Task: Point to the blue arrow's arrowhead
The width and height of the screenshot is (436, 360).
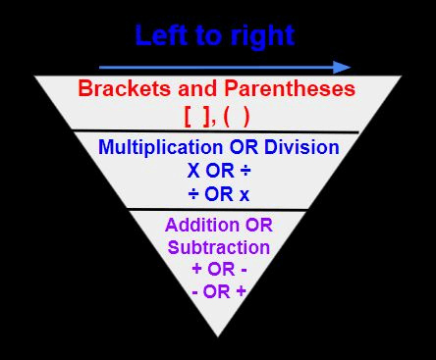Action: pos(342,68)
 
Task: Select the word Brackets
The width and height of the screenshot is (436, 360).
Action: pos(125,88)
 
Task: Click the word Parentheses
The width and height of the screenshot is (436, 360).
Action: pos(290,88)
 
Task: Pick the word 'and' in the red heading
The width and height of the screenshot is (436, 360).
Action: pos(197,88)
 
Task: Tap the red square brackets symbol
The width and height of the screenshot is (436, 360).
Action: pos(196,117)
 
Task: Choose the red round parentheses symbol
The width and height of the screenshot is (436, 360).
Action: pos(237,117)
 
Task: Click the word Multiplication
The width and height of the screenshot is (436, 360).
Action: pos(160,147)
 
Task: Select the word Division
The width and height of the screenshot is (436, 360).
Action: pos(301,147)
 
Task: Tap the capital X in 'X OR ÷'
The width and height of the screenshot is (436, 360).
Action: pos(193,171)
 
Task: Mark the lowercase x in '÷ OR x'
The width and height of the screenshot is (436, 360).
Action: pos(245,195)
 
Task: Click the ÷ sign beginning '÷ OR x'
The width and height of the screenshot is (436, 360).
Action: pos(193,194)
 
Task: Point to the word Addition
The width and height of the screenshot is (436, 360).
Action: pos(202,225)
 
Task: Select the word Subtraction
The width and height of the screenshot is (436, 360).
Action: pos(219,247)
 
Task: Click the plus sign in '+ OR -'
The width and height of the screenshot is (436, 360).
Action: pos(197,269)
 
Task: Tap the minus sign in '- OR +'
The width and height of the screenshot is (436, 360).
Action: pos(195,292)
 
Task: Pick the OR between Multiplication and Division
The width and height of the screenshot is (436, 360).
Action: pos(244,147)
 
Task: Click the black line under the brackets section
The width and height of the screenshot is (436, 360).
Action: pos(216,131)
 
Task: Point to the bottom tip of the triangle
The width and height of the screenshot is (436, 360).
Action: pos(218,336)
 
